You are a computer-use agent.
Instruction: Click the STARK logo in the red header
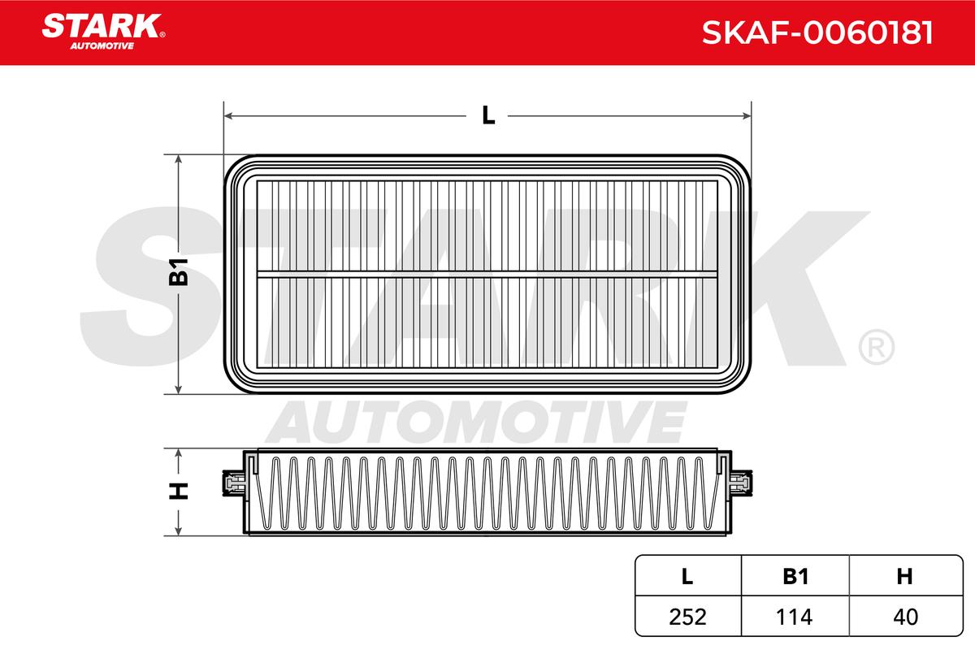point(103,32)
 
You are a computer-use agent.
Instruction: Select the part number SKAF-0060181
point(817,32)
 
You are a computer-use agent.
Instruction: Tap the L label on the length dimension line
point(488,116)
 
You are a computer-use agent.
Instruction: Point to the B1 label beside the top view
point(179,272)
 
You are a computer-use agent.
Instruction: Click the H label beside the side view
point(179,491)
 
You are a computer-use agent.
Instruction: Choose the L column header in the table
point(687,576)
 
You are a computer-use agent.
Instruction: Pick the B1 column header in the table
point(795,576)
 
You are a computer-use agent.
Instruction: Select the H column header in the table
point(904,576)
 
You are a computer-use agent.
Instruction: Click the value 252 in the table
point(687,617)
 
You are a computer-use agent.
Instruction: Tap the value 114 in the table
point(795,617)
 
